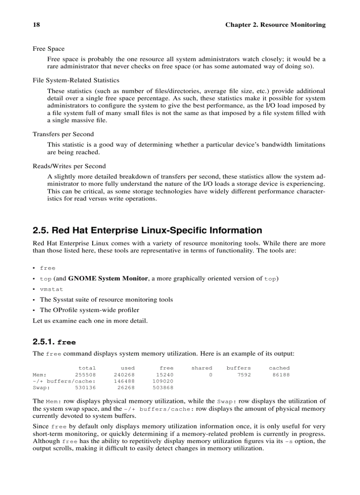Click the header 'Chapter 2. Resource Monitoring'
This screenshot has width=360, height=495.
[275, 25]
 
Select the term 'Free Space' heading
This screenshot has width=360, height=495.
[49, 48]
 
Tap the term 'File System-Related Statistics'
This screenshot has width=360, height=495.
[76, 80]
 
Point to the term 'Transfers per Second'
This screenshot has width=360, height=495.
[63, 134]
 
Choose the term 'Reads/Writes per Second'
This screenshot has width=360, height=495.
[69, 166]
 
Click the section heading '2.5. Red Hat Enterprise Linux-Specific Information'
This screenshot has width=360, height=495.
[147, 231]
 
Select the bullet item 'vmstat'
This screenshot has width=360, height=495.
[52, 289]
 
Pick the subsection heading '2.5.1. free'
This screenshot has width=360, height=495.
[54, 342]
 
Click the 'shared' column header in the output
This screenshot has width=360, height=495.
[202, 368]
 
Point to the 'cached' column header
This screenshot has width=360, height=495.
[279, 368]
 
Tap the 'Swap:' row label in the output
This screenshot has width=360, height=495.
[41, 388]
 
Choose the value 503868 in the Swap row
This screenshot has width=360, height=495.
[163, 388]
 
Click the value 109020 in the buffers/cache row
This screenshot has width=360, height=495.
[163, 381]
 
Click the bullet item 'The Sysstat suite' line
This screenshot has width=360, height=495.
[106, 300]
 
